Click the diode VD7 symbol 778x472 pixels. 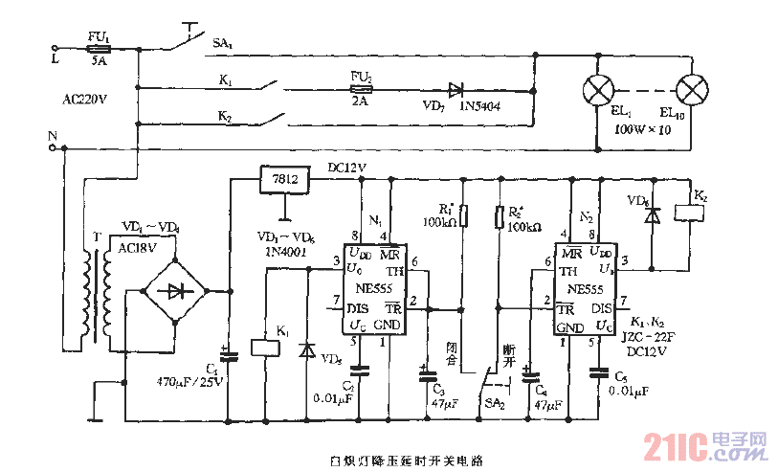point(456,89)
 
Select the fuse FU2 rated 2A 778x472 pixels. point(361,89)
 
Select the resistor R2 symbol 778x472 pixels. point(499,217)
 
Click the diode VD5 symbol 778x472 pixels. point(307,349)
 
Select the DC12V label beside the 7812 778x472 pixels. point(347,167)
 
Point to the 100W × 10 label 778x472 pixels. point(642,127)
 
